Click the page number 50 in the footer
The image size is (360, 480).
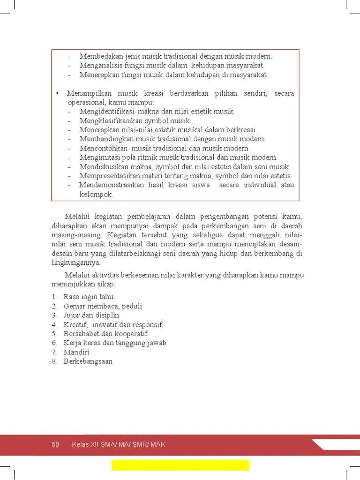pos(55,444)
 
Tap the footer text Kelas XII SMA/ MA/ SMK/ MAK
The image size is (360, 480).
pos(118,444)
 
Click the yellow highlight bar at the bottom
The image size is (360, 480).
pos(180,465)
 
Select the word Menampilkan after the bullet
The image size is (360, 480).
pos(87,93)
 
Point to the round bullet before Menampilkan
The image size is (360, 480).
pos(57,93)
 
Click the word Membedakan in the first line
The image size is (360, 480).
pos(99,56)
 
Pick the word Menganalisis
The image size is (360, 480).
pos(99,66)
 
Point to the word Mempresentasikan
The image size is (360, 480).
pos(109,176)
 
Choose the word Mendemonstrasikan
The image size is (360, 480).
pos(111,185)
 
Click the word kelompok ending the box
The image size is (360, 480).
pos(96,194)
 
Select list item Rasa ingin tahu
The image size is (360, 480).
pos(88,297)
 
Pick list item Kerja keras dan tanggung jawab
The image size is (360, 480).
pos(115,343)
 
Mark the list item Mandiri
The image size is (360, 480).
pos(76,352)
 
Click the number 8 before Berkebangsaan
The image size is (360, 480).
pos(54,361)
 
